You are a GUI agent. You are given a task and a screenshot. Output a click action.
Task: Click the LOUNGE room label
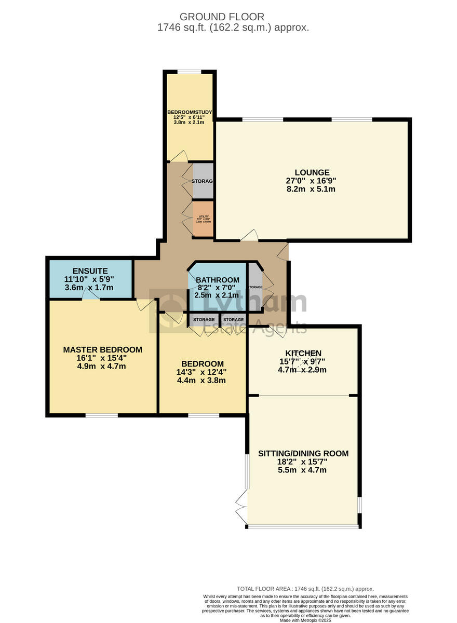(312, 172)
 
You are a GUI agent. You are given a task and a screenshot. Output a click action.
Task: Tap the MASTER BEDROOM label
(102, 349)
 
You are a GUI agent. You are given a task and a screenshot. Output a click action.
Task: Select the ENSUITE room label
(90, 270)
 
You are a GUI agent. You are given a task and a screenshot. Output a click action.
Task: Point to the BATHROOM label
(218, 280)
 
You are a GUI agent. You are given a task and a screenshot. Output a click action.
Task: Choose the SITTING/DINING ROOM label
(303, 453)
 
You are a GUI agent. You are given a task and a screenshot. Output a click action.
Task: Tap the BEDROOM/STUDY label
(189, 112)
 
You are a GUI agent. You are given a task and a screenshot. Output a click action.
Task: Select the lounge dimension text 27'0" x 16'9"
(312, 181)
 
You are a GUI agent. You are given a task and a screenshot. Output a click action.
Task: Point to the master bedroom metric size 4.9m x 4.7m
(102, 367)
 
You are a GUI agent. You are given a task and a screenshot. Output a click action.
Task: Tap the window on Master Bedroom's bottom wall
(102, 415)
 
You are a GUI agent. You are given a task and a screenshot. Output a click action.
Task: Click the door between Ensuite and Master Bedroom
(91, 297)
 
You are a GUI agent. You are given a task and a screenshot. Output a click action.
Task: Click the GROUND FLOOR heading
(233, 17)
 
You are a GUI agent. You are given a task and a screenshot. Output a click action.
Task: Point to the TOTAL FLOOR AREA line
(305, 589)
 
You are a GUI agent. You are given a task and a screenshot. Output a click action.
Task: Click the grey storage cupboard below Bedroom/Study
(203, 181)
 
